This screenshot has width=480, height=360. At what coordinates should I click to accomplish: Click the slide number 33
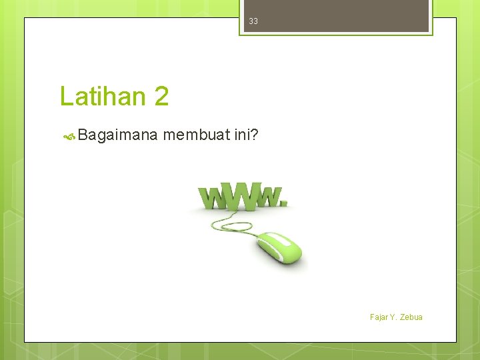tap(253, 21)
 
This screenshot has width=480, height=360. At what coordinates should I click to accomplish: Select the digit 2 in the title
tap(161, 97)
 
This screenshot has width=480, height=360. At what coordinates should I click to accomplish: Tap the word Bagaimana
tap(117, 136)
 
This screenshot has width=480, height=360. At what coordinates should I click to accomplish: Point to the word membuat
tap(196, 136)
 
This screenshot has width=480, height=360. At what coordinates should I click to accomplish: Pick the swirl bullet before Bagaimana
tap(69, 137)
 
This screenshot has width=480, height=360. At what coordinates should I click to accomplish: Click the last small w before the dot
tap(270, 197)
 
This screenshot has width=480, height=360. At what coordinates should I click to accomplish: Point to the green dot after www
tap(286, 203)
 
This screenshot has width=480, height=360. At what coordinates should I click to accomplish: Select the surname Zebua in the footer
tap(411, 317)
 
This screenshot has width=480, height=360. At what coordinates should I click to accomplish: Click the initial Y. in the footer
tap(394, 317)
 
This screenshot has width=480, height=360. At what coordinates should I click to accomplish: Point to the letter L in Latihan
tap(66, 97)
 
